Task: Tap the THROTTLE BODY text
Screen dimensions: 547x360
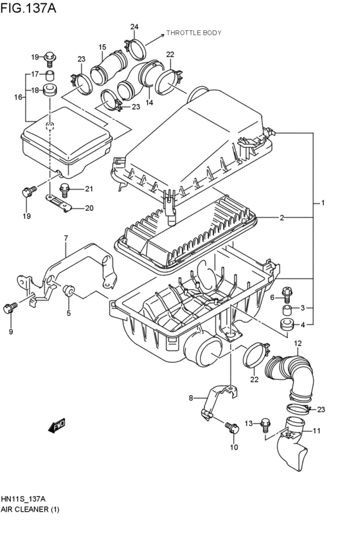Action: point(194,31)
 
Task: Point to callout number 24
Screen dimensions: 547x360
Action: point(134,26)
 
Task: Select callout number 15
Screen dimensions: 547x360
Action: point(102,47)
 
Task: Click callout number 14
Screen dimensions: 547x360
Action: point(149,102)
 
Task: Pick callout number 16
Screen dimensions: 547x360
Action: point(18,97)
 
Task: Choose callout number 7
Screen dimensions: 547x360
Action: point(66,239)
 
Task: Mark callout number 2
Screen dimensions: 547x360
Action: point(282,218)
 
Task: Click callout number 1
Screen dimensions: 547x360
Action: point(323,203)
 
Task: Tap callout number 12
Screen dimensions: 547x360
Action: point(298,343)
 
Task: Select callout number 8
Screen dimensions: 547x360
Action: point(190,399)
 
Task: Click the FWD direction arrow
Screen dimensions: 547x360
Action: point(60,425)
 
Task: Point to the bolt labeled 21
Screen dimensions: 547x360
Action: point(65,188)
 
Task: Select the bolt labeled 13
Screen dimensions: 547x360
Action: point(267,422)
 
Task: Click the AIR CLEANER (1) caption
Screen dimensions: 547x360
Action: point(32,509)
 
